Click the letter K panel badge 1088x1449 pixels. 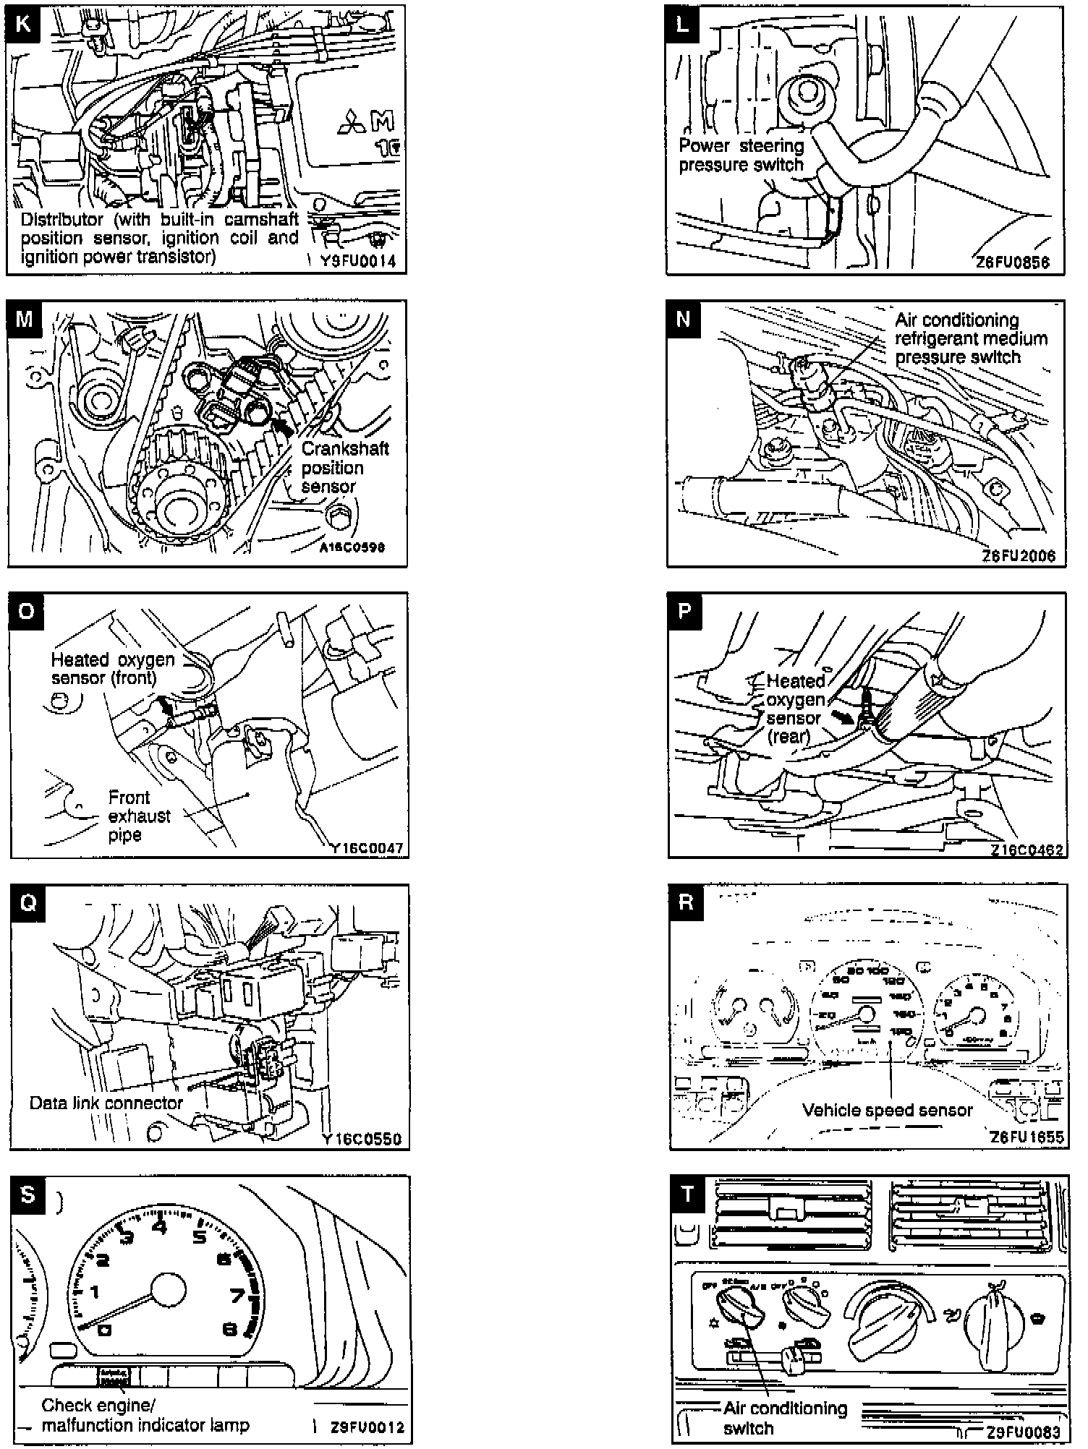click(23, 23)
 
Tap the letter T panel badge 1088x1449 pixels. click(687, 1194)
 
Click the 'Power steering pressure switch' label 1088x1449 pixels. click(741, 155)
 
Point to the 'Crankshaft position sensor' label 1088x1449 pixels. click(344, 468)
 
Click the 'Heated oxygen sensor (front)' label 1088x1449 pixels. click(113, 669)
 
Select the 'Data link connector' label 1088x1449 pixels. click(106, 1103)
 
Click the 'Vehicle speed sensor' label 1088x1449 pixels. click(887, 1110)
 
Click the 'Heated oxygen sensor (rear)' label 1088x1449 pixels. click(795, 709)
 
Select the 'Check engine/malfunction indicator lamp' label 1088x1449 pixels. click(145, 1415)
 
